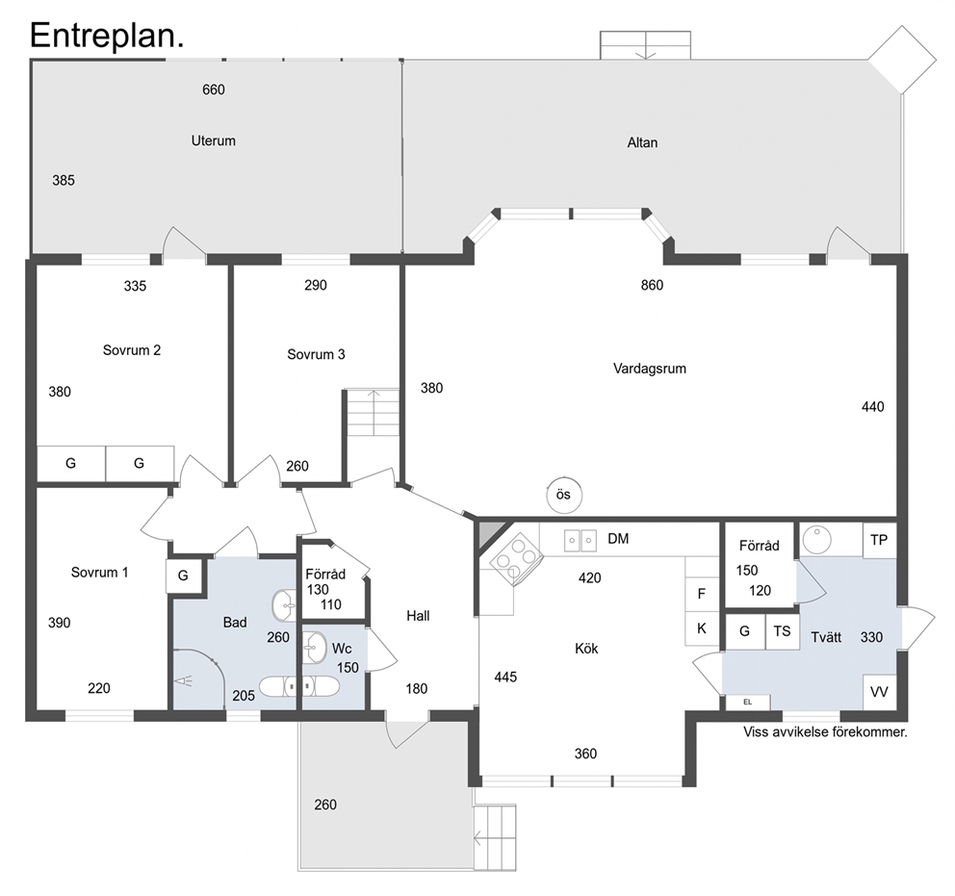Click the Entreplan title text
(x=107, y=36)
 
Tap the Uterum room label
(x=213, y=141)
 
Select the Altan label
(x=642, y=142)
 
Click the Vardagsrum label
(x=649, y=369)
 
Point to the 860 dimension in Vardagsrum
(x=652, y=285)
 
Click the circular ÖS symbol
(x=564, y=495)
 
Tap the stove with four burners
(x=516, y=558)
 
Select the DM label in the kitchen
(x=618, y=539)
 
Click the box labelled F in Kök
(x=702, y=594)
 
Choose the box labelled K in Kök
(x=702, y=628)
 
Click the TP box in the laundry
(x=880, y=541)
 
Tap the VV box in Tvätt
(x=880, y=692)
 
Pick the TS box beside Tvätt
(x=782, y=631)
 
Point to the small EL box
(x=748, y=703)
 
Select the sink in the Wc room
(x=314, y=648)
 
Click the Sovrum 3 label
(x=316, y=354)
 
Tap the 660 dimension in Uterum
(x=213, y=90)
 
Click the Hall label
(x=418, y=616)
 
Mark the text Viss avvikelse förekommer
(x=825, y=732)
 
